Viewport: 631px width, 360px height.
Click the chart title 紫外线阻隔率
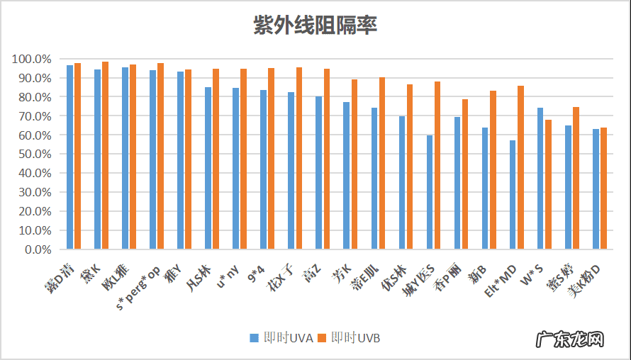pyautogui.click(x=315, y=26)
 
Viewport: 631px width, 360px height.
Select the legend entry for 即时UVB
pyautogui.click(x=349, y=338)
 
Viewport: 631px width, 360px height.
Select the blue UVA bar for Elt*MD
pyautogui.click(x=513, y=195)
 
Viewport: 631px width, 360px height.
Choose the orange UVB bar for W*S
pyautogui.click(x=548, y=184)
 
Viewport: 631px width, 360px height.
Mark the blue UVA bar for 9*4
pyautogui.click(x=263, y=169)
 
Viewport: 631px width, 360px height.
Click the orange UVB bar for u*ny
pyautogui.click(x=243, y=159)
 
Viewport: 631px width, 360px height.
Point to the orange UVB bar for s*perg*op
pyautogui.click(x=160, y=156)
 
